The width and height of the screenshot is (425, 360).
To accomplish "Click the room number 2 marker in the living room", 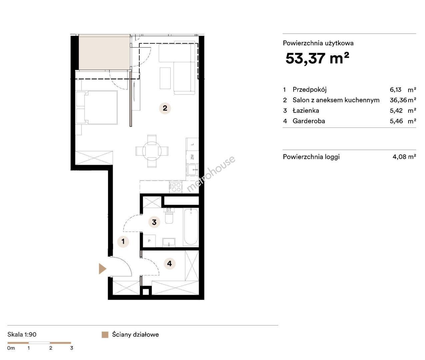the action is click(x=165, y=108).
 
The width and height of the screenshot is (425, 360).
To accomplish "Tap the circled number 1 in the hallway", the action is click(x=123, y=241).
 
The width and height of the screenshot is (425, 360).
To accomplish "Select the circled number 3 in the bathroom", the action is click(x=154, y=222).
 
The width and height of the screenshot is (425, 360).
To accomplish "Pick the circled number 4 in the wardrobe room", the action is click(x=169, y=264).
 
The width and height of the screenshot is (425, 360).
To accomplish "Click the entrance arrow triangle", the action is click(x=102, y=269).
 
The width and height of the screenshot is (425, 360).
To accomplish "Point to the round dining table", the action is click(x=152, y=151).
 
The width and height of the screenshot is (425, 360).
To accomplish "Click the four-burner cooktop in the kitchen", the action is click(x=176, y=187).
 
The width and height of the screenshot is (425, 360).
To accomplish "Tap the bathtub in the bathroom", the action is click(x=191, y=227).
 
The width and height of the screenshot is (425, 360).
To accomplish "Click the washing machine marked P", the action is click(x=149, y=241).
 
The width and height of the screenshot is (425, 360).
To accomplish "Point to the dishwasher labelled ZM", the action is click(x=192, y=157).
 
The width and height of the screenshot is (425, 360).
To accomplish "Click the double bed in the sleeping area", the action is click(x=97, y=107).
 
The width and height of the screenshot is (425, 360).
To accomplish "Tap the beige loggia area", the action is click(x=104, y=52).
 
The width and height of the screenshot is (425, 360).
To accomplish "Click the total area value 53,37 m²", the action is click(x=317, y=58).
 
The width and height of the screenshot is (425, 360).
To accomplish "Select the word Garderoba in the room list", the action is click(x=309, y=121).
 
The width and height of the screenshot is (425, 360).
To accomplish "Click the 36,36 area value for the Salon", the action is click(x=398, y=100).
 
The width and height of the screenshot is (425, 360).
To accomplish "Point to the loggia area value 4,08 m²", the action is click(x=404, y=157).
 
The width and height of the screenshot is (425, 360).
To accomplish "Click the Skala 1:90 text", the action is click(x=22, y=335).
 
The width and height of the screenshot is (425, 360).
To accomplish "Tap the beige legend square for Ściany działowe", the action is click(x=105, y=335).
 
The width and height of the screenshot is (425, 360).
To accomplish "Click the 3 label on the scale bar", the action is click(x=72, y=348).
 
